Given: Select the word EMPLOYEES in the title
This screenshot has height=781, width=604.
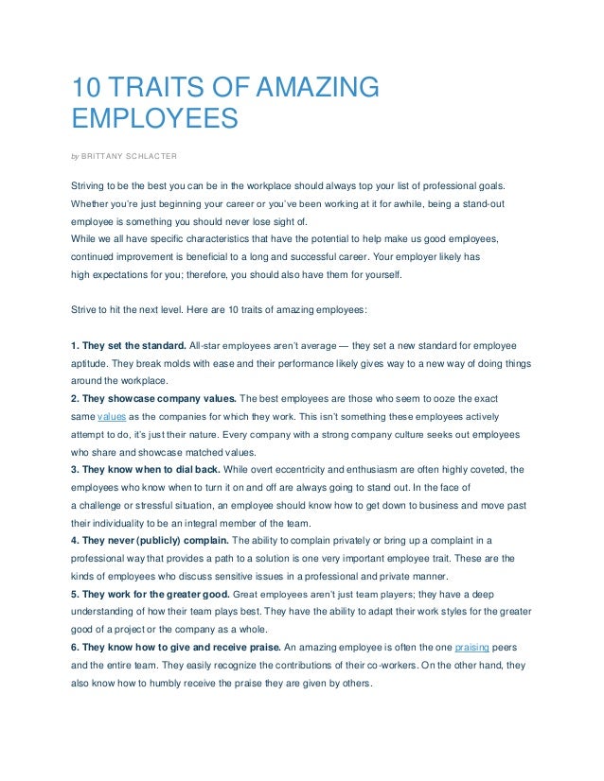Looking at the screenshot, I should (152, 120).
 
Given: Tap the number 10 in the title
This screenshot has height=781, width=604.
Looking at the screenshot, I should (87, 88).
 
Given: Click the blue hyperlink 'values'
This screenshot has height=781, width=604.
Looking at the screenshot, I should (112, 416).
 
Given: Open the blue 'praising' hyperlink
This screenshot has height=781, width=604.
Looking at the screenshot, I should (473, 648).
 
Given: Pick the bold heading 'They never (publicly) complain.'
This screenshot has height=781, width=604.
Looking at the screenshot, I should (151, 541).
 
